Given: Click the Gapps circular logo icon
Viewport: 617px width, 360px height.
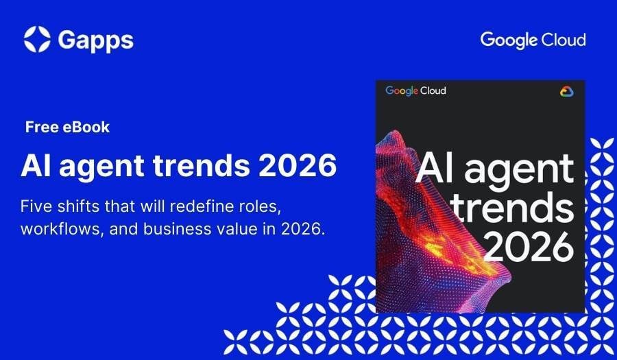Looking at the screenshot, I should coord(37,40).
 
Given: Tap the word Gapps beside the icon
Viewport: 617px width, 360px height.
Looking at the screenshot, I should coord(95,40).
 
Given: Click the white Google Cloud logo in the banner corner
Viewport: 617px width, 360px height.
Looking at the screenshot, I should coord(533,40).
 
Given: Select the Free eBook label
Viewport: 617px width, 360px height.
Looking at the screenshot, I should coord(67,127).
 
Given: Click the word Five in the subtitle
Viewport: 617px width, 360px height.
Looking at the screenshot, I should coord(36,206).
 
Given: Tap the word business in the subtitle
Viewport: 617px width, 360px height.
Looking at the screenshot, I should coord(171,228).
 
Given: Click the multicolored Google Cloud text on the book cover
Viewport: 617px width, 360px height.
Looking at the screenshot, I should coord(415,91).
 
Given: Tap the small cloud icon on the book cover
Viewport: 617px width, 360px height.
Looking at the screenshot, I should coord(566,91).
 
